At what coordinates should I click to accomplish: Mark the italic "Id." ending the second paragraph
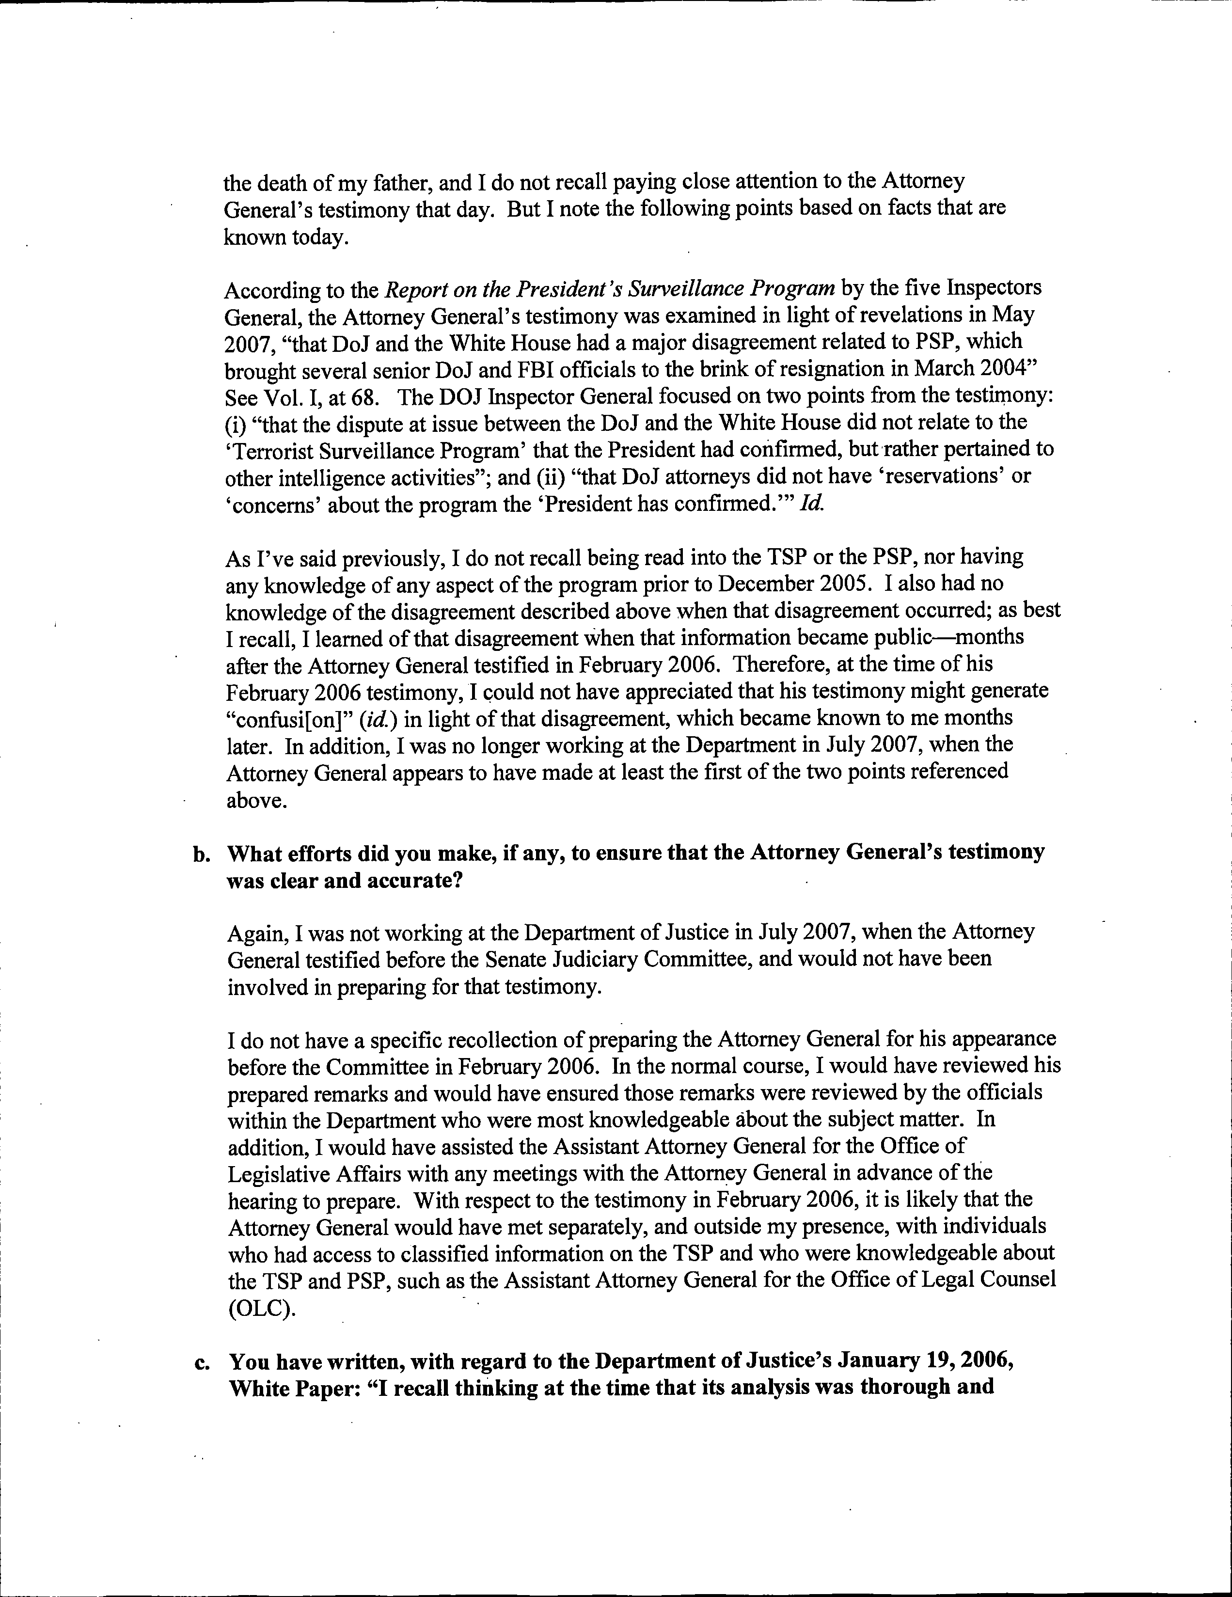810,506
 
